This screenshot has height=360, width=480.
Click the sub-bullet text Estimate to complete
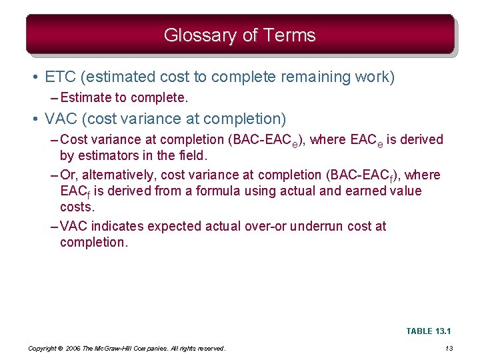(x=124, y=98)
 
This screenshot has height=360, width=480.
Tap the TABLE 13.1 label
(x=429, y=331)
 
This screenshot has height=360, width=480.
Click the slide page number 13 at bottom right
(x=449, y=349)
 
